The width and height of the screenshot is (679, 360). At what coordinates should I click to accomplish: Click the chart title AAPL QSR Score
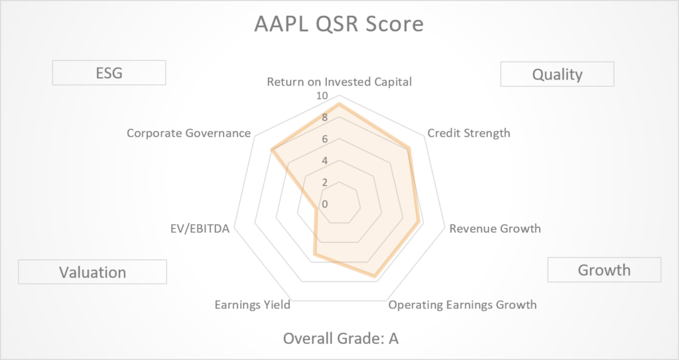click(x=339, y=24)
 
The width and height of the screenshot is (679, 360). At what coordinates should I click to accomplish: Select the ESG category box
click(x=109, y=73)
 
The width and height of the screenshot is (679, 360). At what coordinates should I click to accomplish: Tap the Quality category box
click(x=557, y=74)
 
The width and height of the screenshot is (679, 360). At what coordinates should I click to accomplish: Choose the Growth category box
click(x=604, y=270)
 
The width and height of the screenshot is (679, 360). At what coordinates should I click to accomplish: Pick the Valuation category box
click(x=93, y=272)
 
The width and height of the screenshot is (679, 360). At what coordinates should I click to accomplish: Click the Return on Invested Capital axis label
click(x=339, y=82)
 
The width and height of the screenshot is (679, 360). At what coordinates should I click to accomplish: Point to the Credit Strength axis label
click(x=469, y=133)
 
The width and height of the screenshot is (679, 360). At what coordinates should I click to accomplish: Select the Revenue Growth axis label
click(x=495, y=228)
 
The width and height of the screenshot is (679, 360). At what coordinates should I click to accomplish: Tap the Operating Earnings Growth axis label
click(x=462, y=305)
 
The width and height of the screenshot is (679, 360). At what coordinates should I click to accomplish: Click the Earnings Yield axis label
click(x=253, y=305)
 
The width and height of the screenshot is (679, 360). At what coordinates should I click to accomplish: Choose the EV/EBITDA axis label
click(x=200, y=228)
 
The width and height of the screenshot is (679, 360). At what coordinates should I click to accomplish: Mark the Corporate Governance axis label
click(x=189, y=133)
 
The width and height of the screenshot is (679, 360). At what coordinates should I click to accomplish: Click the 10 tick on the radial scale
click(x=322, y=95)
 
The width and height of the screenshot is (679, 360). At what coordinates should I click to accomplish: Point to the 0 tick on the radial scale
click(x=325, y=204)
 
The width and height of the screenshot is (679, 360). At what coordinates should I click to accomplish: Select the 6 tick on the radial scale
click(x=325, y=139)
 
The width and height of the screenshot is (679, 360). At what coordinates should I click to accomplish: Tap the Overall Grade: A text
click(x=341, y=338)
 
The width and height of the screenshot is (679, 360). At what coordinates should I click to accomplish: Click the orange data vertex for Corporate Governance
click(x=271, y=150)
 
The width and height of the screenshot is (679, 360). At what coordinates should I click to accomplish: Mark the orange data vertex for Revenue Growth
click(x=418, y=221)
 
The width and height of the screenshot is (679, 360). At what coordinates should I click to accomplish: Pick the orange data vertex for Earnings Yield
click(x=315, y=255)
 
